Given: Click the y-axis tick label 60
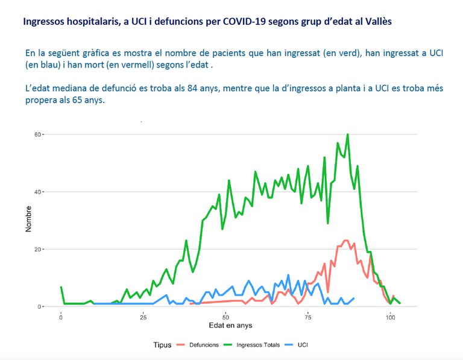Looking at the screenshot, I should [x=38, y=134].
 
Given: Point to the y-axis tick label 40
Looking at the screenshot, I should [x=38, y=192].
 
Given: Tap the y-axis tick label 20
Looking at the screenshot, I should [x=38, y=249].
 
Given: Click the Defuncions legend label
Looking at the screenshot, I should [x=204, y=345].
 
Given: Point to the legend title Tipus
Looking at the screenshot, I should [x=162, y=345].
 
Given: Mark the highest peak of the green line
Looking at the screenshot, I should [x=348, y=134].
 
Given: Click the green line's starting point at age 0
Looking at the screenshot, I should [x=61, y=287].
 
